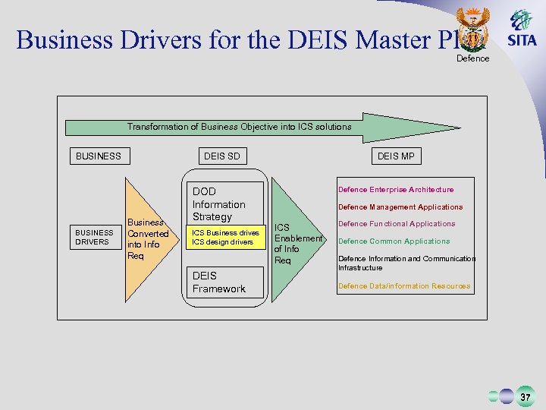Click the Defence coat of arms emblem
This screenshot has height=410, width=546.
(474, 30)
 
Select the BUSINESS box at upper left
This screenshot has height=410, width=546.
(99, 156)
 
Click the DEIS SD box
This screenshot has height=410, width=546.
(221, 156)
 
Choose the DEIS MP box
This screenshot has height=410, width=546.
(396, 156)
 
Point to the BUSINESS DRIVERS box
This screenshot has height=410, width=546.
(93, 238)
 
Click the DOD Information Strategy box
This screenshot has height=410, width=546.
(224, 203)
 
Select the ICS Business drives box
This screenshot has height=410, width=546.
(224, 238)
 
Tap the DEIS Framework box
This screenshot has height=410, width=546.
(224, 282)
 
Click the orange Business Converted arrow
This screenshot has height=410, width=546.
(147, 239)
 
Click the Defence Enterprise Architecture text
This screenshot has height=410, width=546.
(396, 190)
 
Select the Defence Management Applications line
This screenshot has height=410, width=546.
(400, 207)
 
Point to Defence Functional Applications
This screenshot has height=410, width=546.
(397, 224)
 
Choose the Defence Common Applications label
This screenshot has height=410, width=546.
(394, 241)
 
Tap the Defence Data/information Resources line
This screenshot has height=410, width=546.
(404, 286)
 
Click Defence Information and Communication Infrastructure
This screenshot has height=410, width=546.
(406, 263)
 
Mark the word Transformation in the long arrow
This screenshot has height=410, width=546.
(156, 127)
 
